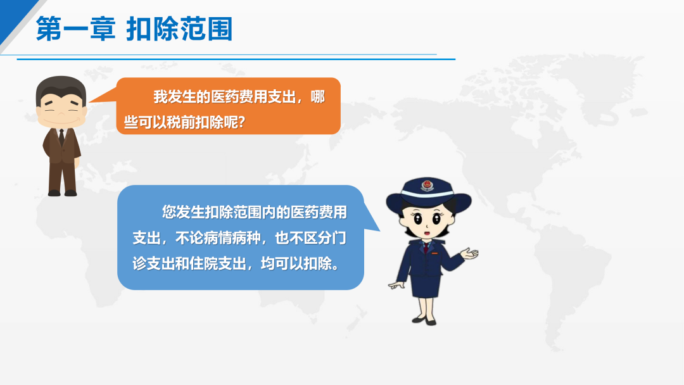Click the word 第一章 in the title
(75, 28)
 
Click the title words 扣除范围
(179, 28)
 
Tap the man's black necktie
(61, 137)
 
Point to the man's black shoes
(62, 192)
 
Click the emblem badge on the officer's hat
(427, 186)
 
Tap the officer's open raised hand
(470, 253)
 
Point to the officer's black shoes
(424, 321)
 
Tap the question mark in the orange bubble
(242, 122)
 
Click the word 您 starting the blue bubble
(169, 212)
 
